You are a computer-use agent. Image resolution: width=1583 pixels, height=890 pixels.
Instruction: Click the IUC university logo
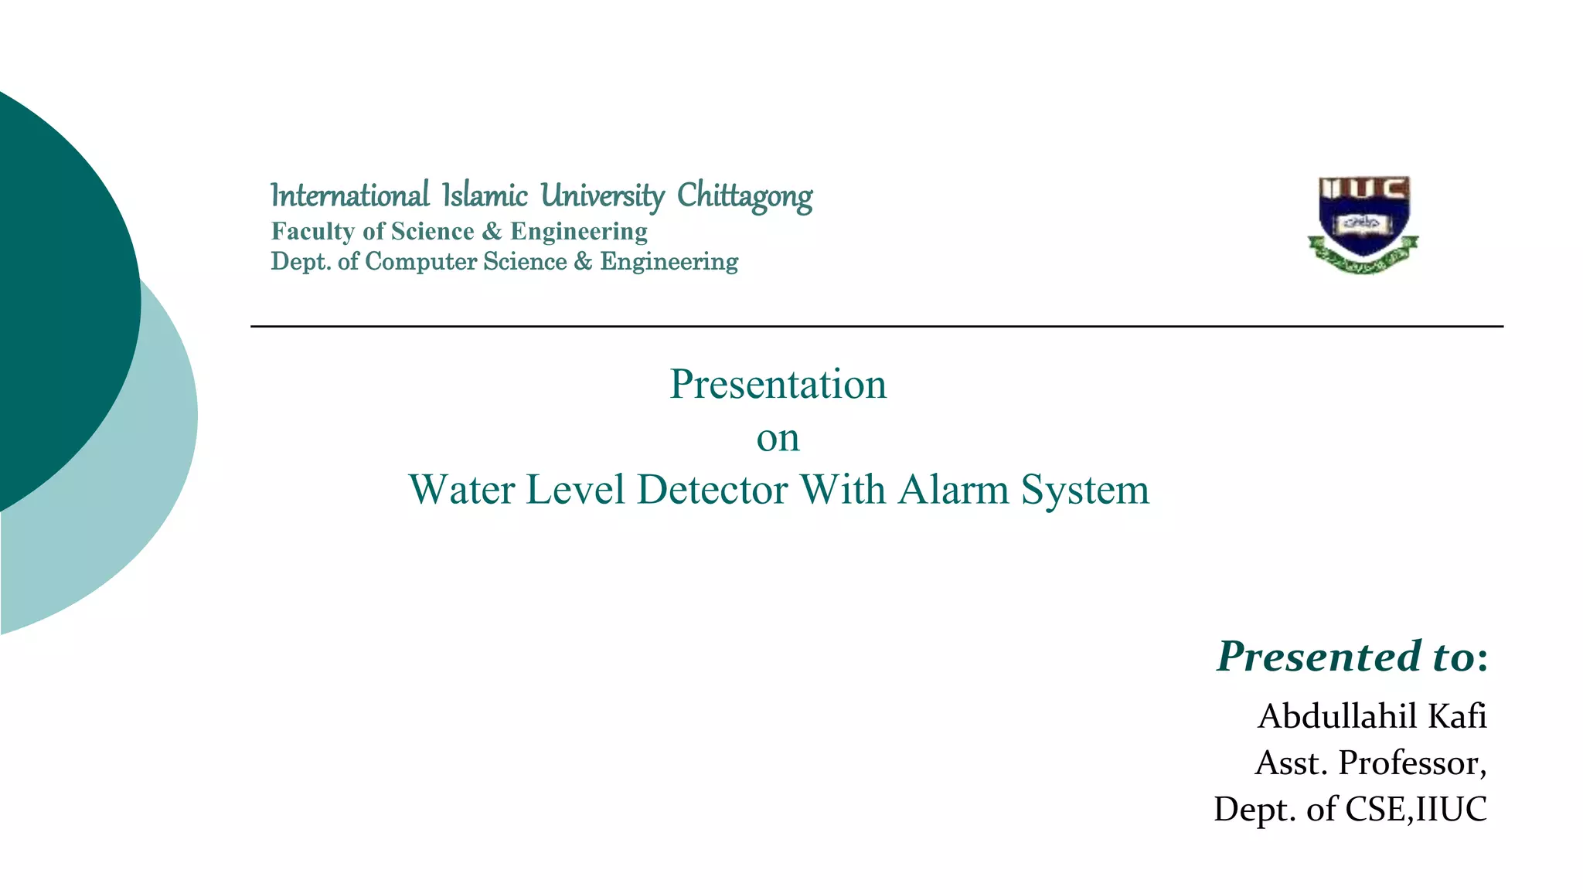pyautogui.click(x=1363, y=224)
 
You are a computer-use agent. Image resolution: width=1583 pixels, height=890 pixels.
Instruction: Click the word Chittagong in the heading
pyautogui.click(x=744, y=197)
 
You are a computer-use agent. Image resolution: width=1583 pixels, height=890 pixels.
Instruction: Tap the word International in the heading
pyautogui.click(x=349, y=196)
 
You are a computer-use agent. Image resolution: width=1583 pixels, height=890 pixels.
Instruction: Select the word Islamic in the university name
pyautogui.click(x=485, y=196)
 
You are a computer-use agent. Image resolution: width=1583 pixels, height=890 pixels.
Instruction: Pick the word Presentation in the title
pyautogui.click(x=778, y=384)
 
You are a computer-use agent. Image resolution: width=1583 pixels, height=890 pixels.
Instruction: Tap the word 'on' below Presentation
pyautogui.click(x=778, y=438)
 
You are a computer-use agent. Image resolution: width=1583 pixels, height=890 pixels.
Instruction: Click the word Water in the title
pyautogui.click(x=461, y=490)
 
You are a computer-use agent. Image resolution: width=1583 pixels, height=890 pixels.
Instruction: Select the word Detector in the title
pyautogui.click(x=712, y=490)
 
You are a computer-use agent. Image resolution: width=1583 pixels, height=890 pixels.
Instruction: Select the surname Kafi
pyautogui.click(x=1457, y=716)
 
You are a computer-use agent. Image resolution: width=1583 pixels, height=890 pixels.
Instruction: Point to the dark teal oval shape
pyautogui.click(x=62, y=294)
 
